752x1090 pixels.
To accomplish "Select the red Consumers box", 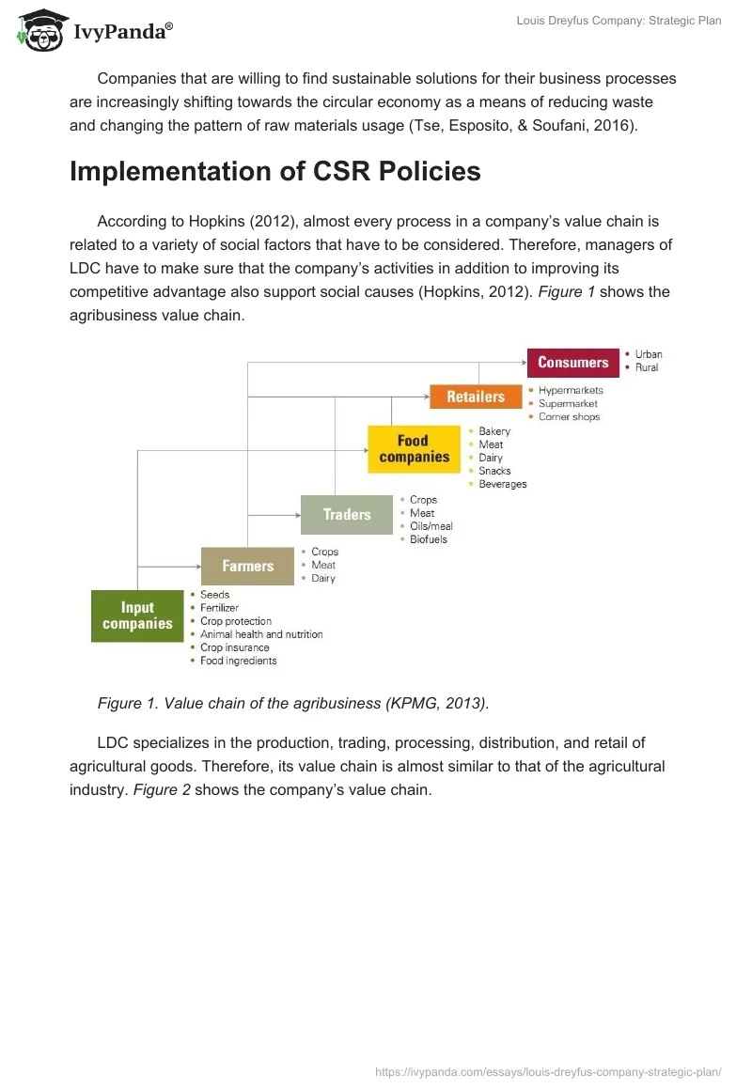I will pyautogui.click(x=572, y=363).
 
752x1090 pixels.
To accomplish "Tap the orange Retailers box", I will pyautogui.click(x=476, y=397).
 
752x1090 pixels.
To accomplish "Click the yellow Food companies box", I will pyautogui.click(x=414, y=449).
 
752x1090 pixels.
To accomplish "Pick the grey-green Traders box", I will pyautogui.click(x=347, y=515).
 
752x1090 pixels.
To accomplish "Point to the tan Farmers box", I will pyautogui.click(x=247, y=566).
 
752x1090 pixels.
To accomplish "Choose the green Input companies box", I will pyautogui.click(x=137, y=615).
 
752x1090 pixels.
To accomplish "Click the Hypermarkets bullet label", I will pyautogui.click(x=571, y=390).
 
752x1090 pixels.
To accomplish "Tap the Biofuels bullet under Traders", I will pyautogui.click(x=429, y=539).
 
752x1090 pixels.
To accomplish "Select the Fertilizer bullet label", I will pyautogui.click(x=219, y=608).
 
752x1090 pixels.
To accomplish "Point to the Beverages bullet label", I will pyautogui.click(x=502, y=484).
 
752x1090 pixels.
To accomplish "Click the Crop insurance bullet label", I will pyautogui.click(x=234, y=647).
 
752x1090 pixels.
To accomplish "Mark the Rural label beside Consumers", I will pyautogui.click(x=647, y=367).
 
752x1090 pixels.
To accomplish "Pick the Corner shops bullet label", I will pyautogui.click(x=569, y=416).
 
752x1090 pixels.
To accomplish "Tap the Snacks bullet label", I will pyautogui.click(x=494, y=471).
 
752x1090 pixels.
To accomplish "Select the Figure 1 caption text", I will pyautogui.click(x=292, y=704).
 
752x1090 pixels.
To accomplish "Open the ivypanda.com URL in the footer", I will pyautogui.click(x=548, y=1071).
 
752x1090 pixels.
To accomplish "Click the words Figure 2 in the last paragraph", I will pyautogui.click(x=162, y=789).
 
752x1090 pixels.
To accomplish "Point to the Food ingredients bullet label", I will pyautogui.click(x=238, y=661).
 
